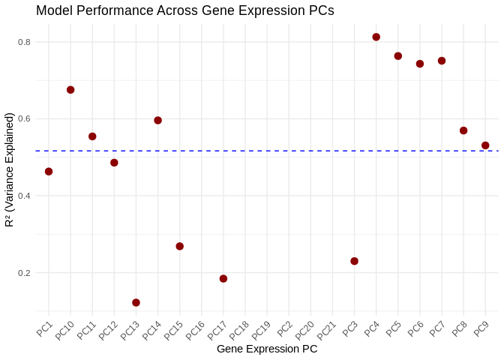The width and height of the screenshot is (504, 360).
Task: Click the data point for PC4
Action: tap(376, 37)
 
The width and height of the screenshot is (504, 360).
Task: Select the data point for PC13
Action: tap(136, 302)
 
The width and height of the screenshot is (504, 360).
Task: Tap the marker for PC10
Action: tap(70, 90)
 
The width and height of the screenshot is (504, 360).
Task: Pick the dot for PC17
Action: tap(223, 278)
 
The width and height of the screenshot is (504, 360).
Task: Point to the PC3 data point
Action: tap(354, 261)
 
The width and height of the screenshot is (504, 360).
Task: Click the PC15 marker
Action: tap(180, 246)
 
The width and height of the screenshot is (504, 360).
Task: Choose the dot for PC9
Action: tap(485, 145)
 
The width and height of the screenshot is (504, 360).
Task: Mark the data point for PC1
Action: tap(49, 172)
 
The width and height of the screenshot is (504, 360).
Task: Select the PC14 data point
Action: tap(158, 120)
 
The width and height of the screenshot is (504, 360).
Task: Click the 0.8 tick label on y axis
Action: tap(24, 42)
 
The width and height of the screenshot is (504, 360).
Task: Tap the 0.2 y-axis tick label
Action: tap(24, 273)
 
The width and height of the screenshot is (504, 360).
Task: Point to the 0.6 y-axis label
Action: tap(24, 119)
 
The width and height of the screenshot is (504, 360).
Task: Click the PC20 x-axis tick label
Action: tap(304, 329)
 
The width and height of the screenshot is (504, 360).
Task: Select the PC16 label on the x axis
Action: tap(195, 329)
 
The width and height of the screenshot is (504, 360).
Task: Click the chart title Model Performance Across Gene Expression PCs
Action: tap(184, 10)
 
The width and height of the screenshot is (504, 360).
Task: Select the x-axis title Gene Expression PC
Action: tap(267, 349)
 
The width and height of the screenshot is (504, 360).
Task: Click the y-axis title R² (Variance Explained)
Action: tap(10, 169)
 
